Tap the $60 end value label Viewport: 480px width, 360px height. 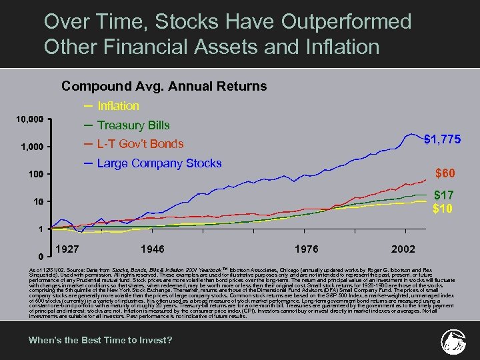446,174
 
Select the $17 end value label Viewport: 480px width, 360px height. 445,196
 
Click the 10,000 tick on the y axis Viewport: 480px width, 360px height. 30,119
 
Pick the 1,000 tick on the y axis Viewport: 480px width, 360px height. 33,147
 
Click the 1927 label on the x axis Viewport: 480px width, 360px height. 69,249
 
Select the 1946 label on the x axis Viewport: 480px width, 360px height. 154,249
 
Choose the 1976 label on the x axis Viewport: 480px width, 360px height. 305,249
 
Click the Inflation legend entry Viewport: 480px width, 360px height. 118,106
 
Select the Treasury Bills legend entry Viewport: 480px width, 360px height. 133,125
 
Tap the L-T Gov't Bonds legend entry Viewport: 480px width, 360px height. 140,144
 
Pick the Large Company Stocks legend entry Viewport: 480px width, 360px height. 159,163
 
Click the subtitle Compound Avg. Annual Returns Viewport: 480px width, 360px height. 164,86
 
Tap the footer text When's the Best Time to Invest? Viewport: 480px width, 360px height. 100,341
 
